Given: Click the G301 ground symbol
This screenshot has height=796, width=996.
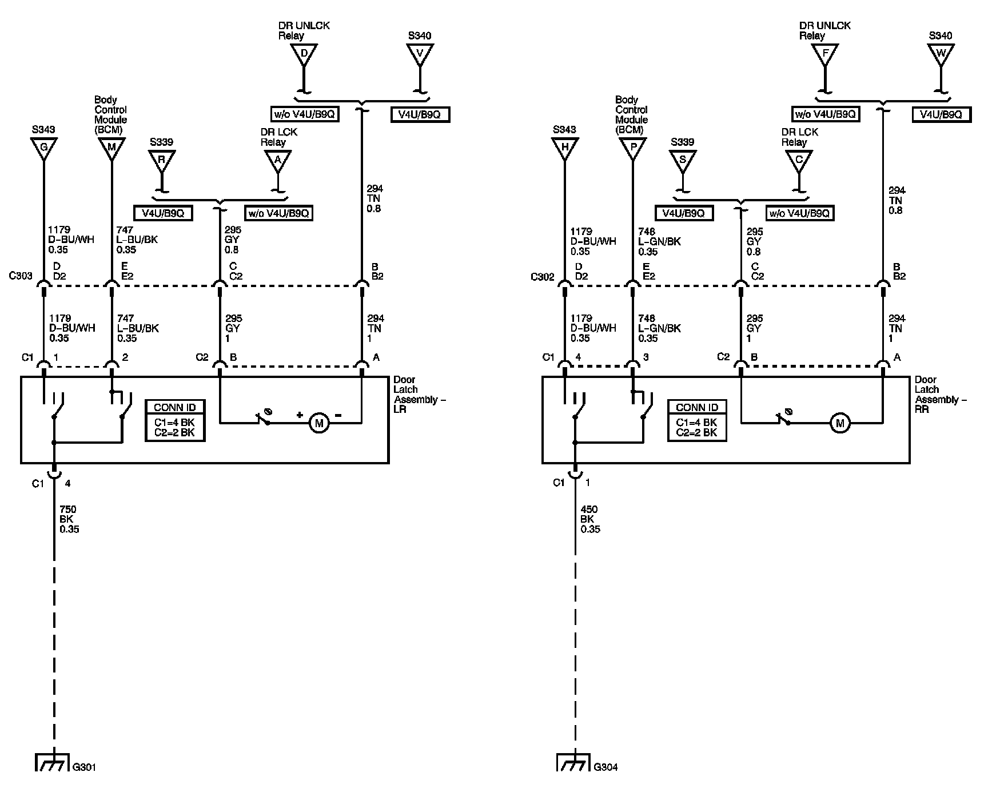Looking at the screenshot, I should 53,762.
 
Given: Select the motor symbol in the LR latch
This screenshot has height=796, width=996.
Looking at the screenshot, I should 318,423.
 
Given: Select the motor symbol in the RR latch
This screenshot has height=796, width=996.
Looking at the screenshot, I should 840,423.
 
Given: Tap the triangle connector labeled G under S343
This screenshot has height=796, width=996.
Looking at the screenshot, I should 43,148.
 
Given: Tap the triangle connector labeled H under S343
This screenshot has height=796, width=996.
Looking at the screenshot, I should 565,148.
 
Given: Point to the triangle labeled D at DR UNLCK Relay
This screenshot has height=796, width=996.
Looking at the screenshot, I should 304,54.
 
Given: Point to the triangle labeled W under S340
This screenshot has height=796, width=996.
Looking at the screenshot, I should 941,54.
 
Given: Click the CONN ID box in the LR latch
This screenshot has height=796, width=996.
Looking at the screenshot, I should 175,420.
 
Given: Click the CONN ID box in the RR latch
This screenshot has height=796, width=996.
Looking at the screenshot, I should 696,420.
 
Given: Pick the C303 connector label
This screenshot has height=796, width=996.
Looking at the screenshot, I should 21,276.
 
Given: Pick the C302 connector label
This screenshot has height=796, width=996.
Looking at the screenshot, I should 542,276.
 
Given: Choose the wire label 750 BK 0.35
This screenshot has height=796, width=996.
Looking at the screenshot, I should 69,519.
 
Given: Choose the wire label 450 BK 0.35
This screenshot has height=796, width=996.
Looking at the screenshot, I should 591,519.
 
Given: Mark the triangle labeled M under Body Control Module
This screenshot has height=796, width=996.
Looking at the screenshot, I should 111,148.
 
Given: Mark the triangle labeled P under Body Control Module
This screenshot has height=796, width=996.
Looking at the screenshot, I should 633,148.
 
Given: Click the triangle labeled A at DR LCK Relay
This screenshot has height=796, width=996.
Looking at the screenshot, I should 278,160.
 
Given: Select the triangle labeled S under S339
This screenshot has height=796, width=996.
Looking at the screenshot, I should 682,160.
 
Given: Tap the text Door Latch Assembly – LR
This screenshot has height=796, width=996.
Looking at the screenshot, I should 419,395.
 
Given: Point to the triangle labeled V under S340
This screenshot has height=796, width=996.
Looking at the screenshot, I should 420,54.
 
